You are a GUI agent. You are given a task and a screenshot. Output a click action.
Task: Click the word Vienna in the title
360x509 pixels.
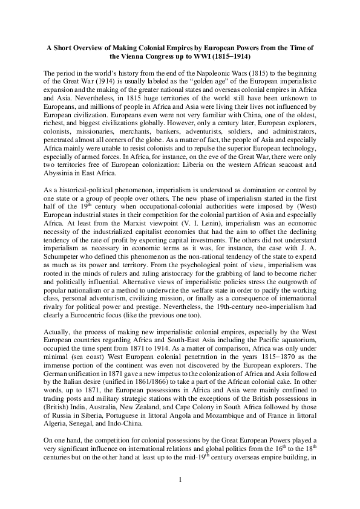point(141,56)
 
